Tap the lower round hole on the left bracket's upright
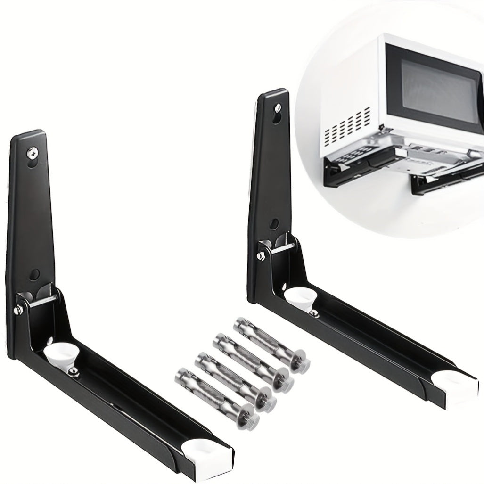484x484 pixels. (34, 273)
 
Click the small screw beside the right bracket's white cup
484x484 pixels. (312, 312)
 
